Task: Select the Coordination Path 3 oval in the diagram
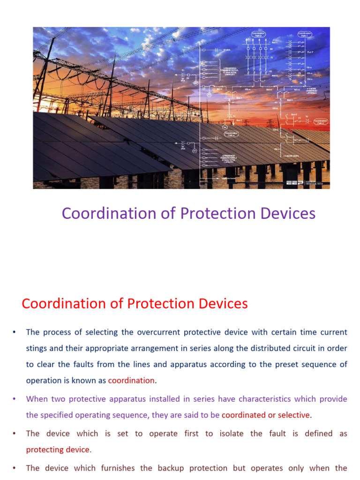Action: point(258,35)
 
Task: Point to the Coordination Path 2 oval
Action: point(321,121)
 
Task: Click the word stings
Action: point(37,348)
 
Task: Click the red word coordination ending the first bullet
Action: point(131,380)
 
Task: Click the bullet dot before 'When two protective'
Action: point(14,399)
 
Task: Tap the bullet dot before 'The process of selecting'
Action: point(14,332)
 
